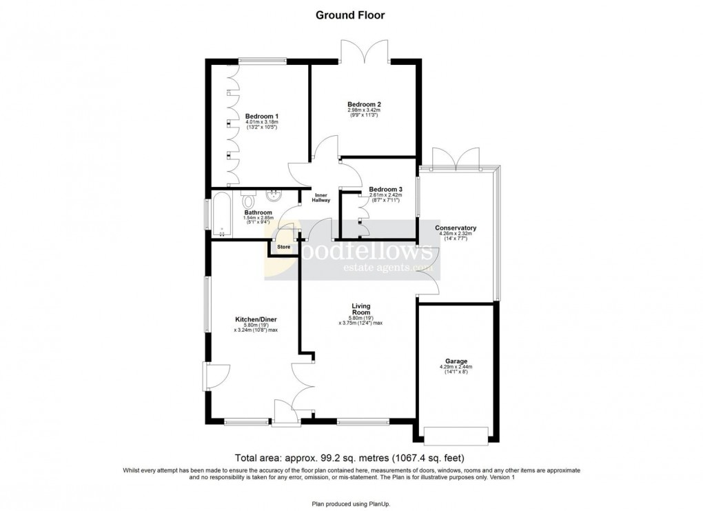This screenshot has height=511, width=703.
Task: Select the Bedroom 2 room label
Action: pyautogui.click(x=364, y=104)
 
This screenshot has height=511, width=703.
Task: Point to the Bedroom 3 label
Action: pyautogui.click(x=386, y=189)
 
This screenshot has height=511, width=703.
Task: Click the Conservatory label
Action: pyautogui.click(x=456, y=228)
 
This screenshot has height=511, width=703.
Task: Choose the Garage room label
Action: pyautogui.click(x=456, y=361)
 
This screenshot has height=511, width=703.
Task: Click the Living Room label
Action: pyautogui.click(x=360, y=309)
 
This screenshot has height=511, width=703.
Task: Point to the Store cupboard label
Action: pyautogui.click(x=283, y=246)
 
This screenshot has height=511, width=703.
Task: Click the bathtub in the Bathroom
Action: pyautogui.click(x=223, y=214)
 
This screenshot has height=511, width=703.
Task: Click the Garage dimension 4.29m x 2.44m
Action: pyautogui.click(x=456, y=368)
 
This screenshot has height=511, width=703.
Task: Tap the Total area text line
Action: pyautogui.click(x=351, y=458)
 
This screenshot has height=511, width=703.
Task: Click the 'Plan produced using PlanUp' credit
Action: pyautogui.click(x=351, y=504)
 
